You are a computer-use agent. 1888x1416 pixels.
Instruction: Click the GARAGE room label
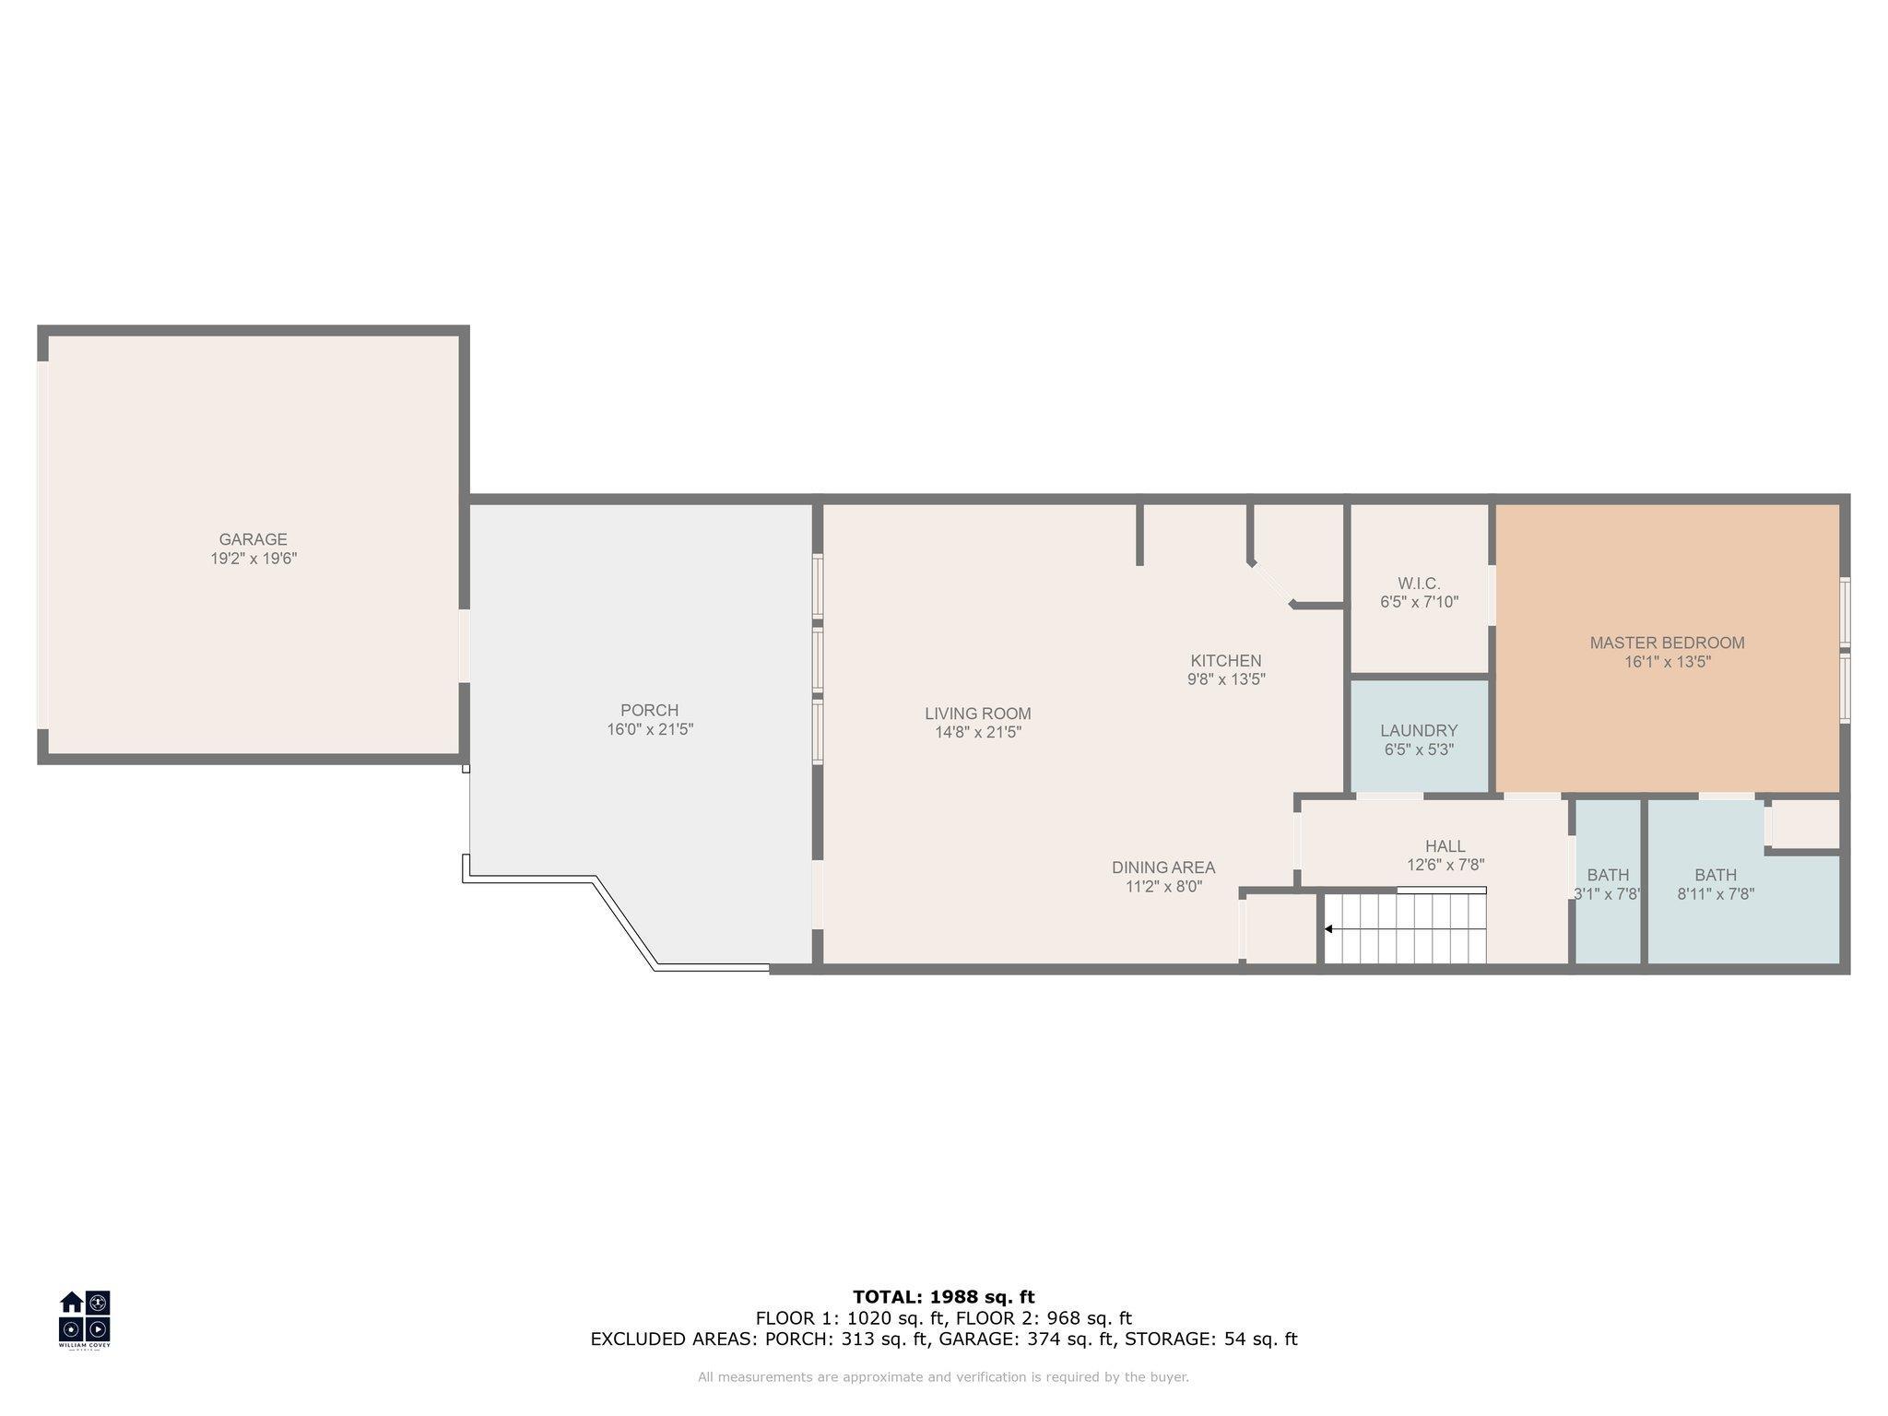point(253,539)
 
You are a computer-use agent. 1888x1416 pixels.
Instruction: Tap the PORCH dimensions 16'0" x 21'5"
point(650,729)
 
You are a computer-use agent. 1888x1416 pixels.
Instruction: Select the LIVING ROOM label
point(978,714)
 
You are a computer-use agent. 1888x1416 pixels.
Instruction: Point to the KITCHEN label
point(1226,661)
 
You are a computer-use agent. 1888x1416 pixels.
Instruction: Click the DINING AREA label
point(1163,867)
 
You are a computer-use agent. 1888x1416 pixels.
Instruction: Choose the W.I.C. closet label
point(1419,584)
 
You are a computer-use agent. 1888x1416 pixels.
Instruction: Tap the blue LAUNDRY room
point(1420,735)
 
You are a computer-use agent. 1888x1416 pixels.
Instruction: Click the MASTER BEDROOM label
point(1667,643)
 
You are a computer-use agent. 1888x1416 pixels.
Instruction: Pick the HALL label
point(1445,846)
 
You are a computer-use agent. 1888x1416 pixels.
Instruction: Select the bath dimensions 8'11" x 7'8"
point(1716,893)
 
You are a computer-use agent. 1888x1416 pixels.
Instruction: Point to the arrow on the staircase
point(1328,928)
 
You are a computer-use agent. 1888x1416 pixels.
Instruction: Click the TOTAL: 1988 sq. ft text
point(944,1297)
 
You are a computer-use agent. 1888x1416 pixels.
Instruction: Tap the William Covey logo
point(85,1319)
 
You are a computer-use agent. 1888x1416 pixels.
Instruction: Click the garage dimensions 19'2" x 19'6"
point(254,559)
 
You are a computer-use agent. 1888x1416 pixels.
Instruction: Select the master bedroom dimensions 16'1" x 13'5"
point(1668,662)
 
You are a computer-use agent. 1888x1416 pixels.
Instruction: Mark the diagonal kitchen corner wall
point(1272,584)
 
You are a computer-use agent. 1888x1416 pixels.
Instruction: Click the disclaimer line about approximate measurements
point(943,1377)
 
